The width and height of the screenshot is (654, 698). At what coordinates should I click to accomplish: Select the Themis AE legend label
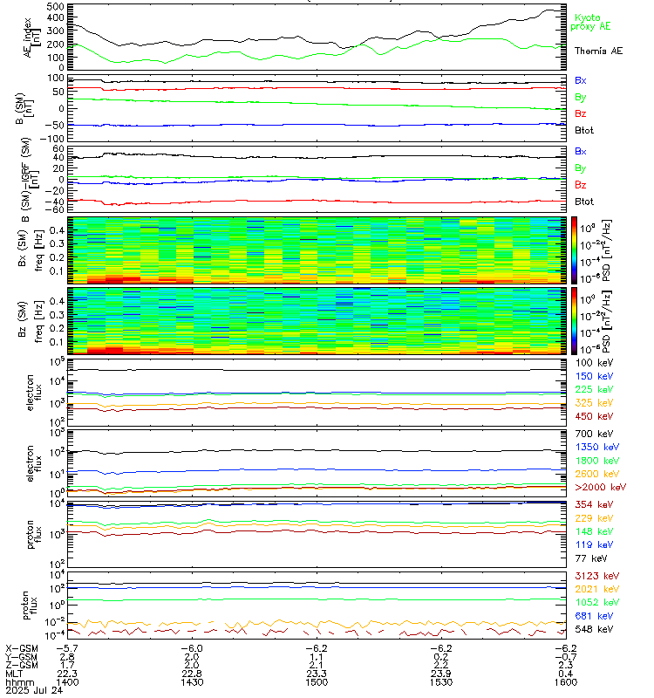(x=597, y=51)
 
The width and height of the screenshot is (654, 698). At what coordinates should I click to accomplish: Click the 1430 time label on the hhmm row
(x=192, y=683)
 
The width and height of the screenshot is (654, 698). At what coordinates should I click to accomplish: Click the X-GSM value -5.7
(x=71, y=648)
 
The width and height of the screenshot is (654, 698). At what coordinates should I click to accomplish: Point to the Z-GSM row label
(x=21, y=665)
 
